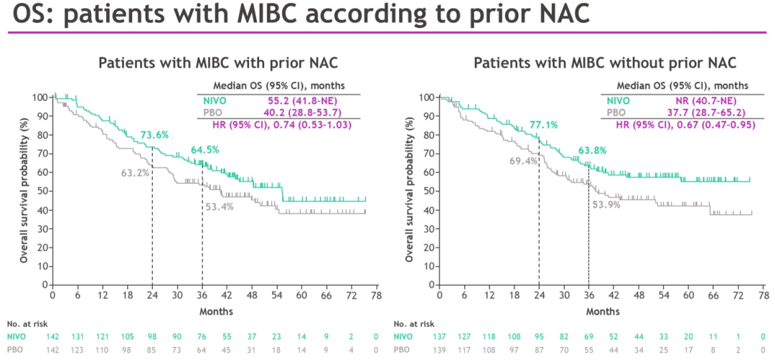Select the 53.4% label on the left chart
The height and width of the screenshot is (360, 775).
(x=220, y=207)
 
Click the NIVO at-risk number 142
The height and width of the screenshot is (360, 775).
(x=52, y=336)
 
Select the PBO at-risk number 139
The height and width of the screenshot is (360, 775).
(x=438, y=349)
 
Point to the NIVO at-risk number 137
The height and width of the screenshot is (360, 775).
(x=438, y=336)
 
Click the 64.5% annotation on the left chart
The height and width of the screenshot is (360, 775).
(x=205, y=150)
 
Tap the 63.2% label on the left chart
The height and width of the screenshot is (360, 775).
(x=135, y=173)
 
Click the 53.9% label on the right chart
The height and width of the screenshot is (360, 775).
(x=606, y=204)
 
